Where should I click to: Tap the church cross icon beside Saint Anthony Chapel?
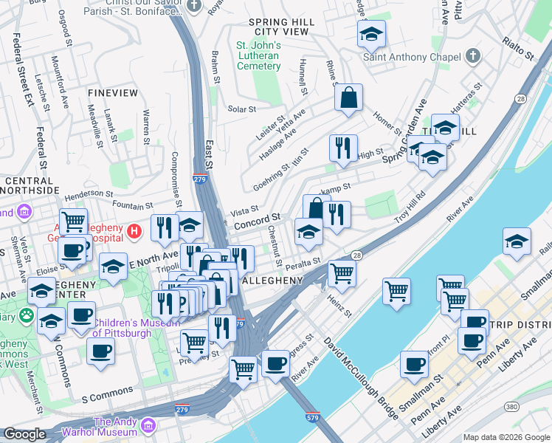[472, 57]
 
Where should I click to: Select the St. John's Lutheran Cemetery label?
[258, 55]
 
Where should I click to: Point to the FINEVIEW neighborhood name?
[112, 93]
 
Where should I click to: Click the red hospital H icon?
[134, 232]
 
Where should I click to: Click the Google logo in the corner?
[24, 434]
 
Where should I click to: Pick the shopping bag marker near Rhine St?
[348, 97]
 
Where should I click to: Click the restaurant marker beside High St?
[343, 148]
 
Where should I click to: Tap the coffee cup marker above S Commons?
[100, 350]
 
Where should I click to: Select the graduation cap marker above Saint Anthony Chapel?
[372, 33]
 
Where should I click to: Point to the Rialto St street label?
[517, 50]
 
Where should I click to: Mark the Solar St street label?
[241, 109]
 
